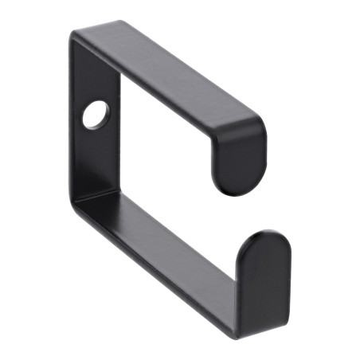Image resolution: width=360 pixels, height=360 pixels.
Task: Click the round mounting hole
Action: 96,115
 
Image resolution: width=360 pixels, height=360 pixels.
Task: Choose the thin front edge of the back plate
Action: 73,119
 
